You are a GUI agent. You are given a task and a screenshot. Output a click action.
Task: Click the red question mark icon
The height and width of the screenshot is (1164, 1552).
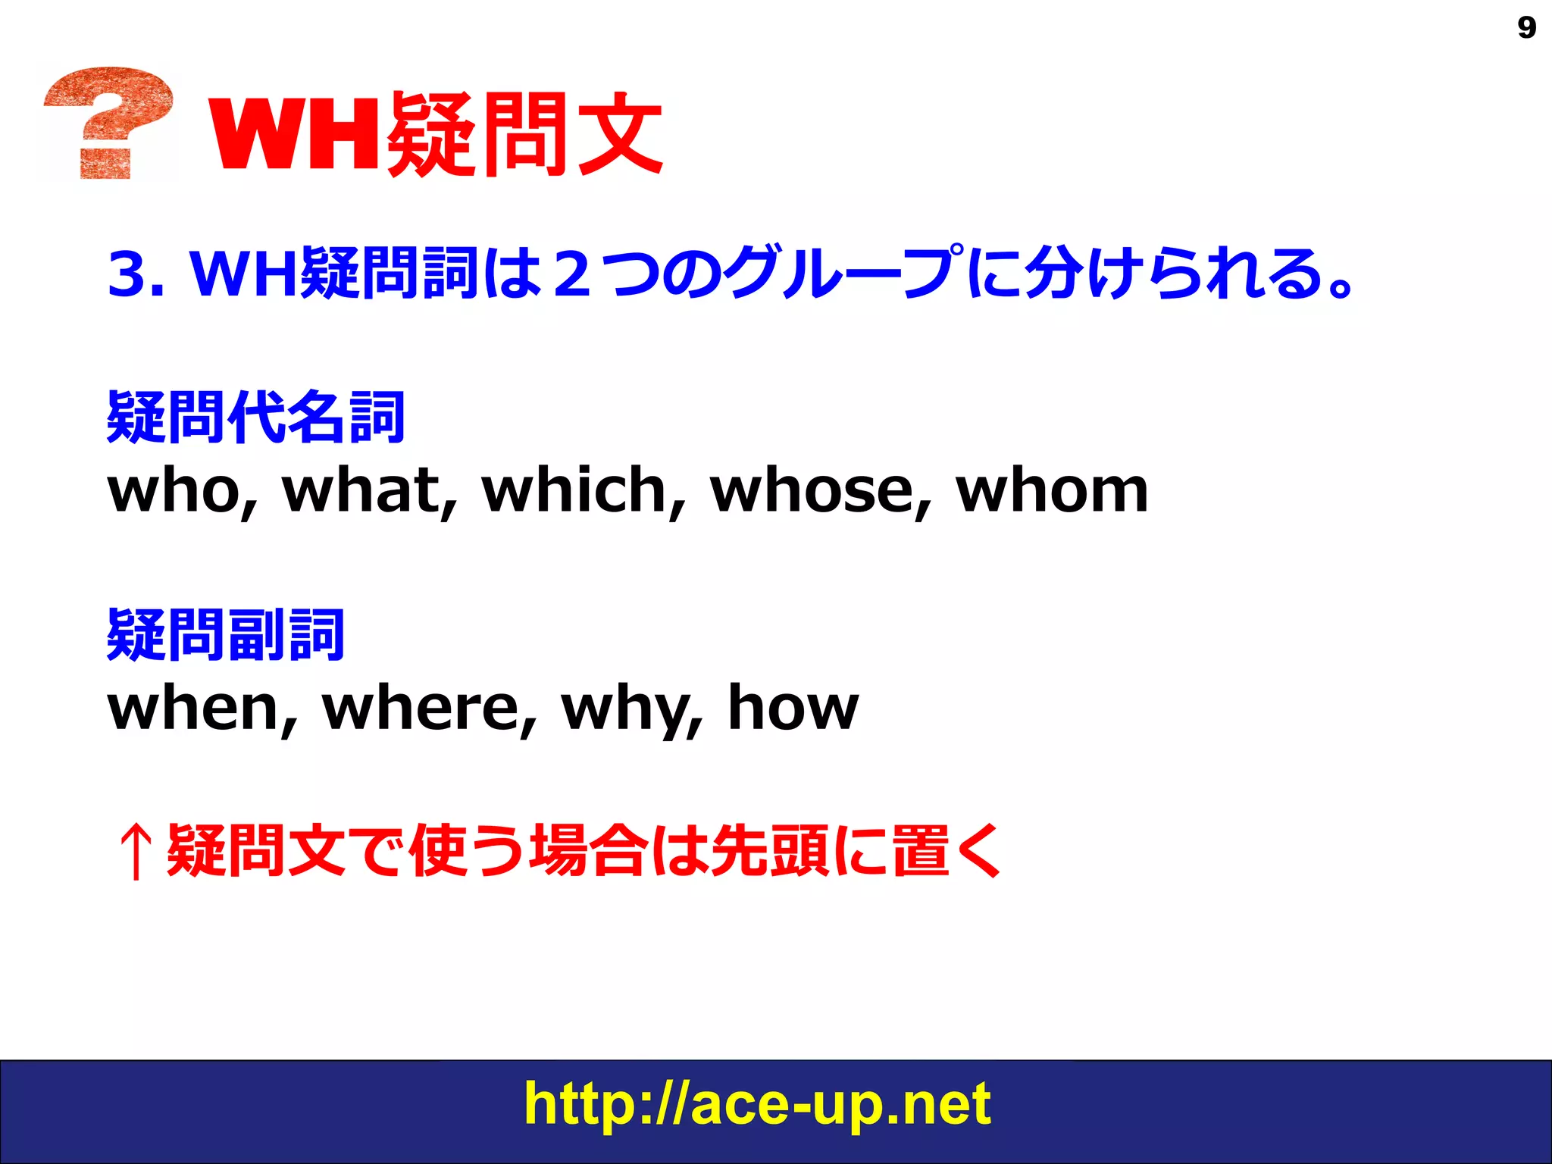point(108,122)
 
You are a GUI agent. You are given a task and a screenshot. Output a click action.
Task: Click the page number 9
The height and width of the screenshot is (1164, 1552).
point(1526,28)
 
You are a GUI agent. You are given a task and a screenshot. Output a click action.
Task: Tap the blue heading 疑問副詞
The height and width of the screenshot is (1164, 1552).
point(226,635)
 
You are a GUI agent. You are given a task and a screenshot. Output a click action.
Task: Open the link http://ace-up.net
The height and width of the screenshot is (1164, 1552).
point(756,1104)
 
